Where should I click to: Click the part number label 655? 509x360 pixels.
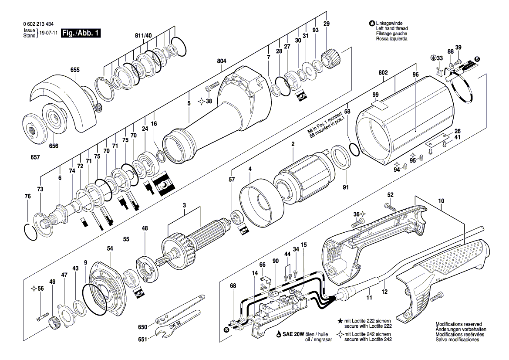(75, 70)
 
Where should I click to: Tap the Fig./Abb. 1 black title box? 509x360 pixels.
(81, 33)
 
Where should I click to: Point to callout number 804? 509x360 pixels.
(221, 62)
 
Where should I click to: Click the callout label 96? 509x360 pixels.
(415, 75)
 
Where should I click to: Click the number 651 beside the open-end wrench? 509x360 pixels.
(143, 338)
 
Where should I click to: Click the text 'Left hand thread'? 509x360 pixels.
(392, 28)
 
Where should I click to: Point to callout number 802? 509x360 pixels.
(383, 72)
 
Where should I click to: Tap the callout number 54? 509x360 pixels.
(110, 248)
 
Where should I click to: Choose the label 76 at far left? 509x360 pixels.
(28, 197)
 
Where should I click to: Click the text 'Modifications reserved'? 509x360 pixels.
(459, 324)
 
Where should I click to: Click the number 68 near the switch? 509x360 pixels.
(233, 286)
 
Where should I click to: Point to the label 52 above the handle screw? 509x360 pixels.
(390, 194)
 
